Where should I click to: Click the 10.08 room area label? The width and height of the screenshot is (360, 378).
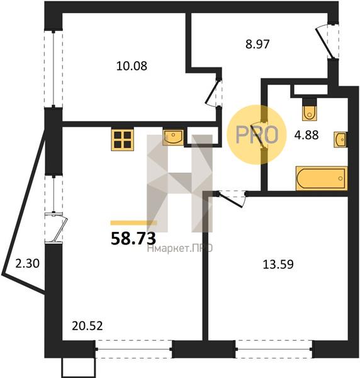[x=132, y=66]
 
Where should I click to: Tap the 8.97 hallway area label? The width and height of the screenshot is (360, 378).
[x=257, y=44]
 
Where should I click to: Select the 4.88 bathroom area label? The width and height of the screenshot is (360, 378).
[x=307, y=135]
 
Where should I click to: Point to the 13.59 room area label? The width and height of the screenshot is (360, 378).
[x=278, y=265]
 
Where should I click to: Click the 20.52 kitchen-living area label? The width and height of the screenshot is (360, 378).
[x=87, y=326]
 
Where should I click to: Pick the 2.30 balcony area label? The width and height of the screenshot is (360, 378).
[x=27, y=263]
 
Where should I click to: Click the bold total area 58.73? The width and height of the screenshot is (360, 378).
[x=133, y=239]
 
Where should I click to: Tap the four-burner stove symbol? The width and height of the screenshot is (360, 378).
[x=122, y=140]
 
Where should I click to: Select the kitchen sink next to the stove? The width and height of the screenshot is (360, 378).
[x=173, y=137]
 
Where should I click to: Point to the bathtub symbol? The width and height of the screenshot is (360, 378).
[x=322, y=178]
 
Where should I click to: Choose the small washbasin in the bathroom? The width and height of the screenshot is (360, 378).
[x=340, y=139]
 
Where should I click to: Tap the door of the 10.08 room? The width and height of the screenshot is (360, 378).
[x=213, y=93]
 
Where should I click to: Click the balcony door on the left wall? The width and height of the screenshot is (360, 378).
[x=57, y=227]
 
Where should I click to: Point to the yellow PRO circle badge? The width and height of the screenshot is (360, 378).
[x=257, y=135]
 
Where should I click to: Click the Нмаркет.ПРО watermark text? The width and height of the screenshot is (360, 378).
[x=180, y=248]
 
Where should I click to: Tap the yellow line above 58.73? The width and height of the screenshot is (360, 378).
[x=133, y=223]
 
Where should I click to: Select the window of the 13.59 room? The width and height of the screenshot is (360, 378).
[x=274, y=349]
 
